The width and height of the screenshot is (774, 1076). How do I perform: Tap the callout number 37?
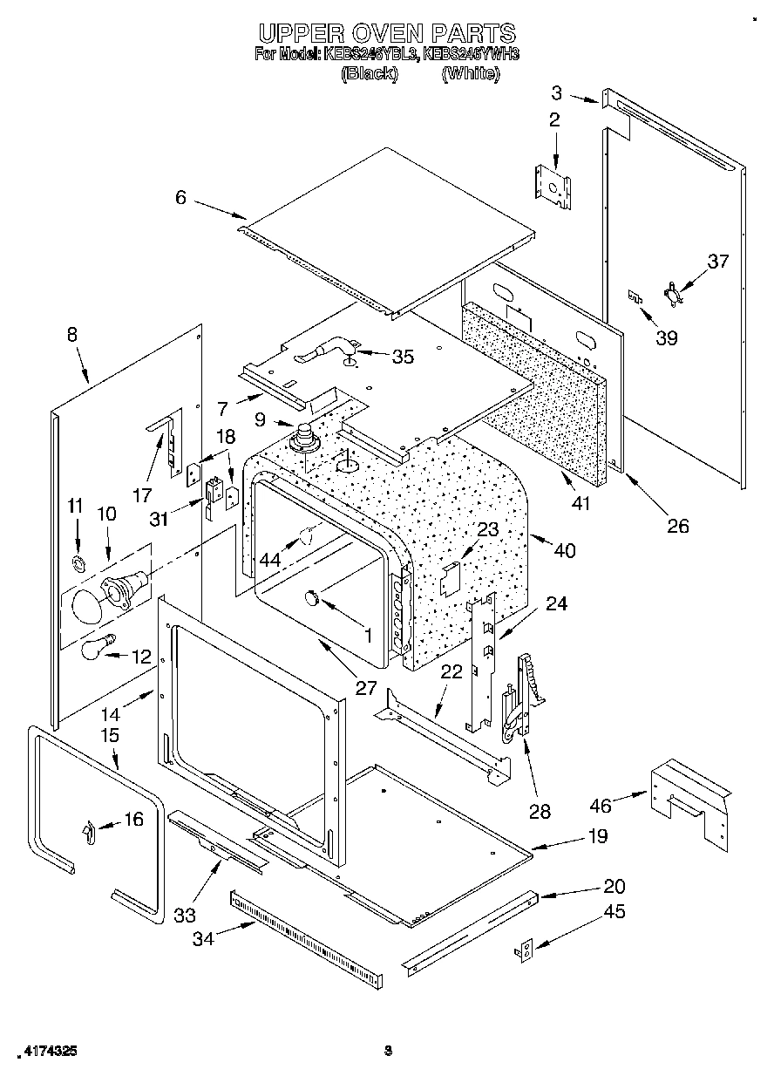(x=716, y=261)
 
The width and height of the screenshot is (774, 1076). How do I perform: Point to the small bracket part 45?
(x=526, y=951)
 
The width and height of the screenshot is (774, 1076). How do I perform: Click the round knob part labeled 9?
(x=306, y=433)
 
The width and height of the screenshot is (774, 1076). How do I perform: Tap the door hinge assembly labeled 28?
(x=522, y=698)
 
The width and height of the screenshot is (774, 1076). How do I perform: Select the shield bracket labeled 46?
(x=689, y=800)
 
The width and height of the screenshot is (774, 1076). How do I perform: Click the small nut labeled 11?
(x=78, y=561)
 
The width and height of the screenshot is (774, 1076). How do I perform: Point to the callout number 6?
(x=180, y=197)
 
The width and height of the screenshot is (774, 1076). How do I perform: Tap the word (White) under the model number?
(x=471, y=74)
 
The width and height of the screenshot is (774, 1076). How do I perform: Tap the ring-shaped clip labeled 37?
(x=675, y=293)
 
